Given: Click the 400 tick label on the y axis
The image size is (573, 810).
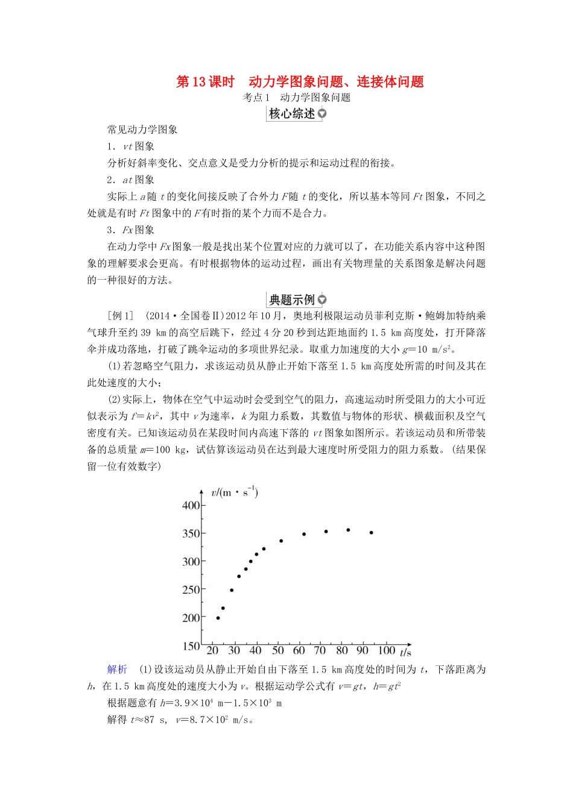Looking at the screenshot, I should tap(191, 505).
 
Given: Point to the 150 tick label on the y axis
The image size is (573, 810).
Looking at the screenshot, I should tap(191, 645).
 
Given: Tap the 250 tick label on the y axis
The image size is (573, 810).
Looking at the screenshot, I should tap(191, 589).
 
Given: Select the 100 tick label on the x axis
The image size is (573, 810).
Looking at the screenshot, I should tap(386, 650).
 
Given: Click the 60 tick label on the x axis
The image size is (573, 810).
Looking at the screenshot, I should tap(299, 650).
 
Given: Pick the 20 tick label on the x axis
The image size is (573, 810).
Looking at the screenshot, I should tap(212, 650).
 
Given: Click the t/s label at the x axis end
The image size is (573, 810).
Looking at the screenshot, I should tap(405, 652).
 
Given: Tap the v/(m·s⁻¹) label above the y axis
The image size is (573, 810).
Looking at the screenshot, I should tap(235, 492).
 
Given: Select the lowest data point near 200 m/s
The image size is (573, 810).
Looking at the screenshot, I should tap(218, 618).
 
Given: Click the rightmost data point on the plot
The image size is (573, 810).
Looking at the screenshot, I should tap(372, 532).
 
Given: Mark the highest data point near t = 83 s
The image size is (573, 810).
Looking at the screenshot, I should tap(348, 530).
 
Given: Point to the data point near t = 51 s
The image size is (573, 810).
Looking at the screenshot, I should tap(281, 541).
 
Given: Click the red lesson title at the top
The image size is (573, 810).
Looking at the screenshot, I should tap(300, 81).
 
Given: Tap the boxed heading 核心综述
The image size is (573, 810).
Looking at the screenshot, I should tap(292, 113).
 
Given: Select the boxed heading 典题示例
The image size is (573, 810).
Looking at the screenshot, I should tap(292, 300).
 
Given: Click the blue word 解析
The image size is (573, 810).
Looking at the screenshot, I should tap(117, 669).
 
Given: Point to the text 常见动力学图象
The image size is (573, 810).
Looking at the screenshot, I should tap(142, 129).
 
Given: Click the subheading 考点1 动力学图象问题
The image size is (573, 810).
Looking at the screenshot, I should tap(297, 97).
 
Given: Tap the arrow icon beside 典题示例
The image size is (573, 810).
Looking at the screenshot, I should tap(322, 300).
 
